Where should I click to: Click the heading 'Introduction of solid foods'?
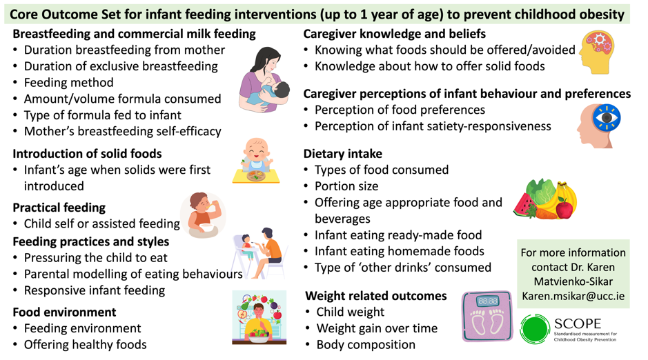[x=87, y=154]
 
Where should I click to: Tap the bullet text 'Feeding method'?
[x=68, y=83]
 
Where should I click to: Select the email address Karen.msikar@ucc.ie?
[x=573, y=296]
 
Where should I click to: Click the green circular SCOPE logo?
[x=535, y=329]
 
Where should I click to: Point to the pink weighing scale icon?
[x=487, y=317]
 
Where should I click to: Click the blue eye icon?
[x=607, y=118]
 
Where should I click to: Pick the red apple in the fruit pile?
[x=564, y=208]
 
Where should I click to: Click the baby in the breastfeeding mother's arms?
[x=274, y=93]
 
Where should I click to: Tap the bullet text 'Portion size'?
[x=346, y=186]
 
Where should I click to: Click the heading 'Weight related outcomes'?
[x=376, y=296]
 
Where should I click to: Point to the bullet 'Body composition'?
[x=366, y=344]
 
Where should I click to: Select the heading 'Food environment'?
[x=64, y=312]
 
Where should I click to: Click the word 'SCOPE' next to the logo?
[x=578, y=323]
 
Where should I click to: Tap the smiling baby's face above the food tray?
[x=256, y=150]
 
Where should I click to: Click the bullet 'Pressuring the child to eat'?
[x=95, y=258]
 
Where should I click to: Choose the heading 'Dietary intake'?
[x=342, y=154]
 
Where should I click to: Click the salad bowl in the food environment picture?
[x=259, y=336]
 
